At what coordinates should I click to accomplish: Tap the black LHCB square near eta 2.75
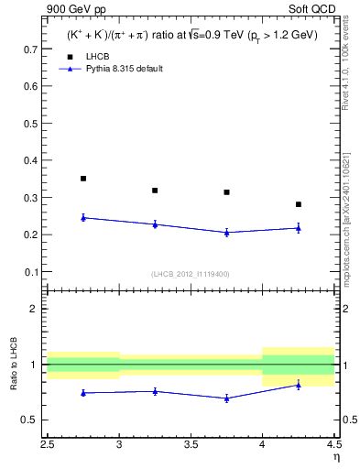pyautogui.click(x=83, y=179)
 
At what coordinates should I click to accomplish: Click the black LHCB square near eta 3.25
pyautogui.click(x=155, y=191)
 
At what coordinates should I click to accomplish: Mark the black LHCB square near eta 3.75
pyautogui.click(x=226, y=192)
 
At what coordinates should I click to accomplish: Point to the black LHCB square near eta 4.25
pyautogui.click(x=298, y=204)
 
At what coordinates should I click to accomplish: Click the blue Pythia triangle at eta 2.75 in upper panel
pyautogui.click(x=83, y=217)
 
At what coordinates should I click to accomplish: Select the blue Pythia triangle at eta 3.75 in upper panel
pyautogui.click(x=226, y=233)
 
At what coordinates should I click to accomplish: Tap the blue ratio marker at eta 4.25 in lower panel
pyautogui.click(x=298, y=385)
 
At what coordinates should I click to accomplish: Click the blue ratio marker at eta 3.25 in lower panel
pyautogui.click(x=155, y=391)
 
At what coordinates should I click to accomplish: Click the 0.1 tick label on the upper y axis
pyautogui.click(x=34, y=272)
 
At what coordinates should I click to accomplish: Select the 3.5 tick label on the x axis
pyautogui.click(x=191, y=444)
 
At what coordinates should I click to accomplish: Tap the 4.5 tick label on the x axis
pyautogui.click(x=333, y=444)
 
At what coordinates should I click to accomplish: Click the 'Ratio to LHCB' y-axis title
pyautogui.click(x=13, y=365)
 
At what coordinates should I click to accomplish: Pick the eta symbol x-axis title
pyautogui.click(x=336, y=456)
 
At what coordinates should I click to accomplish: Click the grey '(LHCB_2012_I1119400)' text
pyautogui.click(x=191, y=275)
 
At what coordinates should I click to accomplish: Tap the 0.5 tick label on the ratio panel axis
pyautogui.click(x=34, y=420)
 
